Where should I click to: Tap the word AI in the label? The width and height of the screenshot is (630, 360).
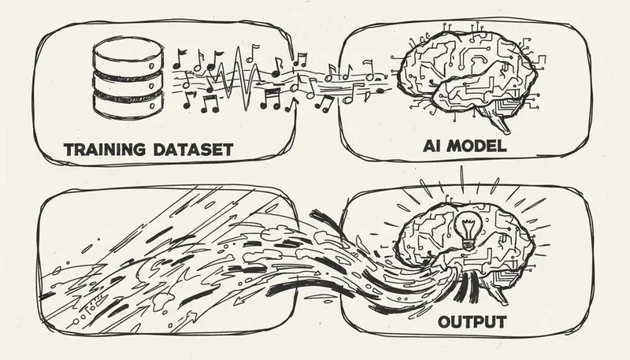433,147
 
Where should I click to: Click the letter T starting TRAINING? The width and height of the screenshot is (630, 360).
69,149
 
